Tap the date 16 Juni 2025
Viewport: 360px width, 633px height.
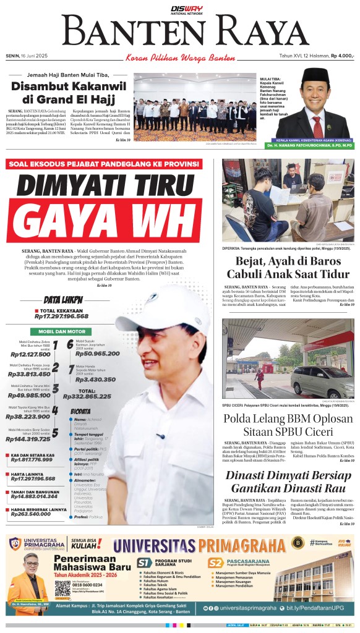pos(30,56)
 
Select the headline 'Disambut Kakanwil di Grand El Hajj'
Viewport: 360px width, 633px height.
pos(65,92)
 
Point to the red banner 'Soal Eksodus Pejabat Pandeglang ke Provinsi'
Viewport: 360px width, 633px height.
pos(103,164)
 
